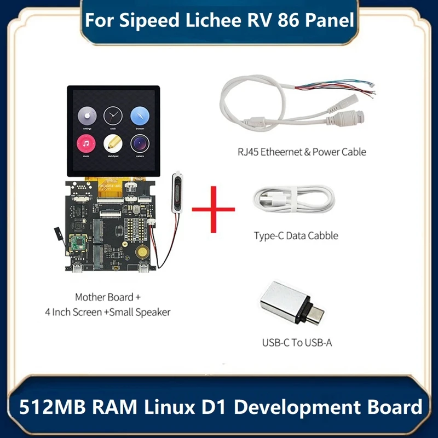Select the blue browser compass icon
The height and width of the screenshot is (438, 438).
(x=140, y=116)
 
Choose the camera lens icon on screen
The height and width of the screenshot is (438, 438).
(x=140, y=145)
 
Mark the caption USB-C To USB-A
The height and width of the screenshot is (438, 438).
(x=297, y=344)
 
